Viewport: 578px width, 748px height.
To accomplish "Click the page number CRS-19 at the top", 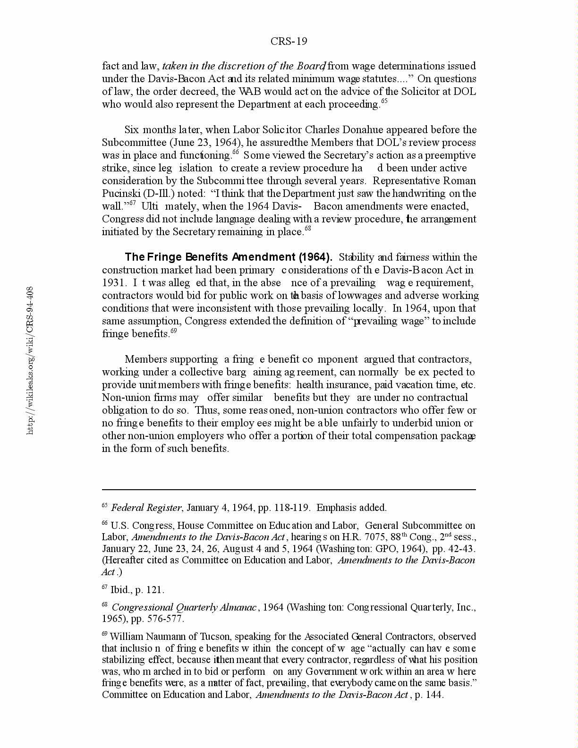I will point(289,42).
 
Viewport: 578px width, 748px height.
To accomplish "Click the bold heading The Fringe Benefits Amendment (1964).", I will point(229,257).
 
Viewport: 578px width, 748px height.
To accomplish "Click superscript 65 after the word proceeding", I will point(384,101).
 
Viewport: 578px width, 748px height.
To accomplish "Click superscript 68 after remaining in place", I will point(308,229).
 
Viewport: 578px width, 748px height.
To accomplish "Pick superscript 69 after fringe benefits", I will point(174,331).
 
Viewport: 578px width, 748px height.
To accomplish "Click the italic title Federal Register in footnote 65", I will point(146,508).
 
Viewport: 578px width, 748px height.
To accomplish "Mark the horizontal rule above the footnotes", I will point(289,490).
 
